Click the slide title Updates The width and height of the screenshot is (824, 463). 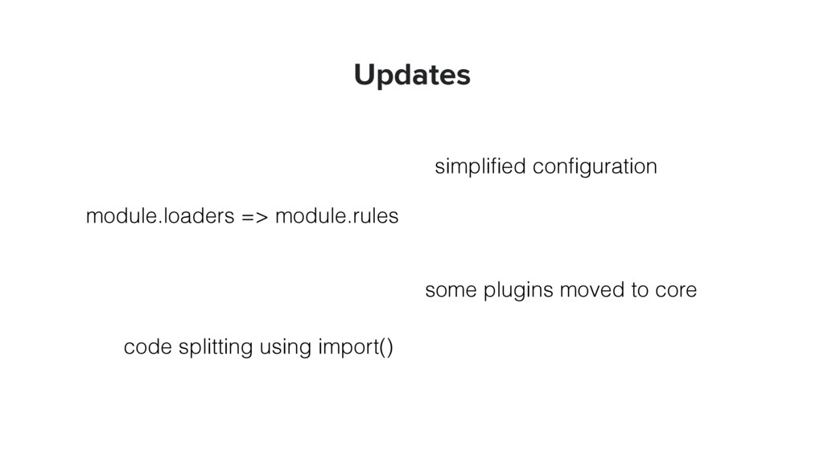[412, 76]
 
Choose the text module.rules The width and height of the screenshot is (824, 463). [336, 217]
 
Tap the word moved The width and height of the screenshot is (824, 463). [584, 290]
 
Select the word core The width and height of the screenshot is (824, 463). [676, 290]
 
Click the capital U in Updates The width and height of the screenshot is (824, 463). [364, 76]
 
